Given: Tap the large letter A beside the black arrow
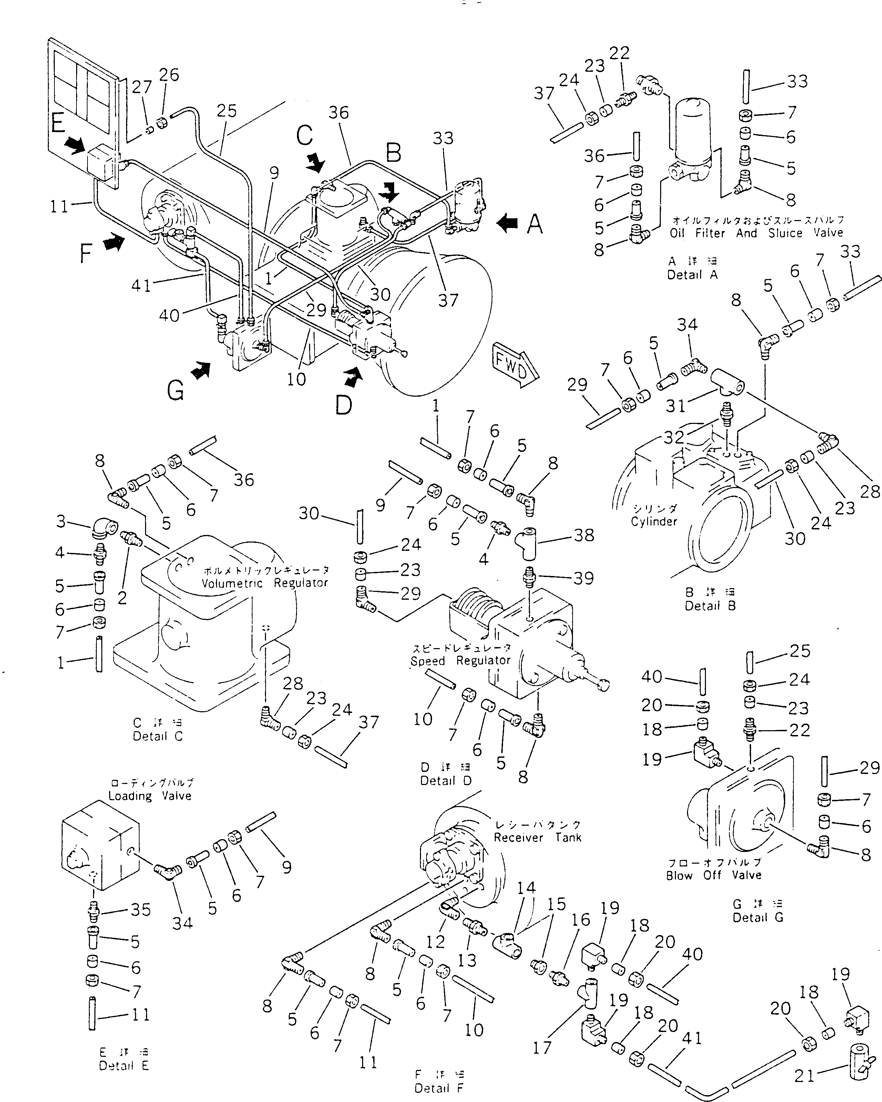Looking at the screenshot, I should click(x=535, y=224).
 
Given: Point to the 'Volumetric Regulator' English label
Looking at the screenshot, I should click(x=265, y=583).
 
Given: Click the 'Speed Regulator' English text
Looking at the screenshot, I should click(x=460, y=661).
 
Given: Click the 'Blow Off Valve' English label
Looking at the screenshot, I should click(x=714, y=875).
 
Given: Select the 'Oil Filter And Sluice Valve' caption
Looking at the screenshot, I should click(x=756, y=233).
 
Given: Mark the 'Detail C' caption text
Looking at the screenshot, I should click(x=157, y=736).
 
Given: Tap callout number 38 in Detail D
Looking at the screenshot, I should click(x=584, y=535).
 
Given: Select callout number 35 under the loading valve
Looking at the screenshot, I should click(x=141, y=910).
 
